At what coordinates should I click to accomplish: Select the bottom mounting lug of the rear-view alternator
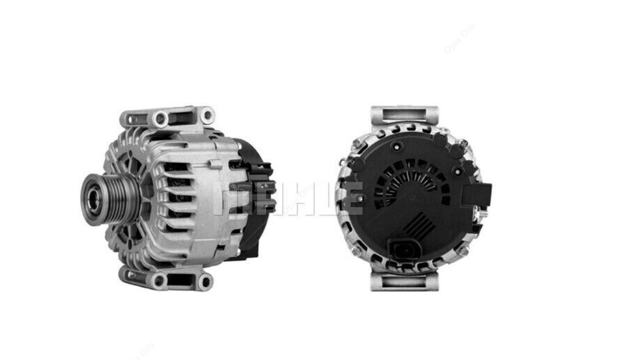pos(403,281)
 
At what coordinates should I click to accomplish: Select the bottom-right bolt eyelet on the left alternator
pos(205,281)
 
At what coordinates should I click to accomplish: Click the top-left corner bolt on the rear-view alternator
pos(356,143)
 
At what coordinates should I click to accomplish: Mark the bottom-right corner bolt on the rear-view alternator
pos(462,249)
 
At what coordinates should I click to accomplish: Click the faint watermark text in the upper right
pos(459,38)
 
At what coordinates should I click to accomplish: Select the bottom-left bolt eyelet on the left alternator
pos(158,281)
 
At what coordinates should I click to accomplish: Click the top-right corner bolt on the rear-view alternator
pos(463,144)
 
